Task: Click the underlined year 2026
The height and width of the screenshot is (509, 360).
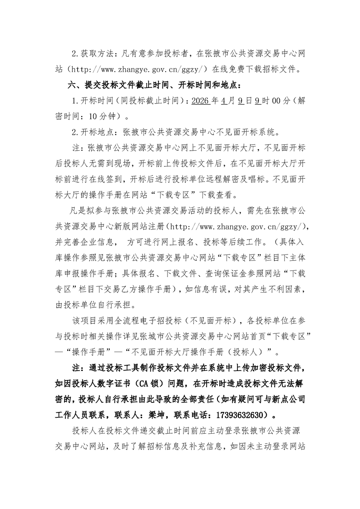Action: point(201,101)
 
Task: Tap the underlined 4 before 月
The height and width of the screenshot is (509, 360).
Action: point(224,101)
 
